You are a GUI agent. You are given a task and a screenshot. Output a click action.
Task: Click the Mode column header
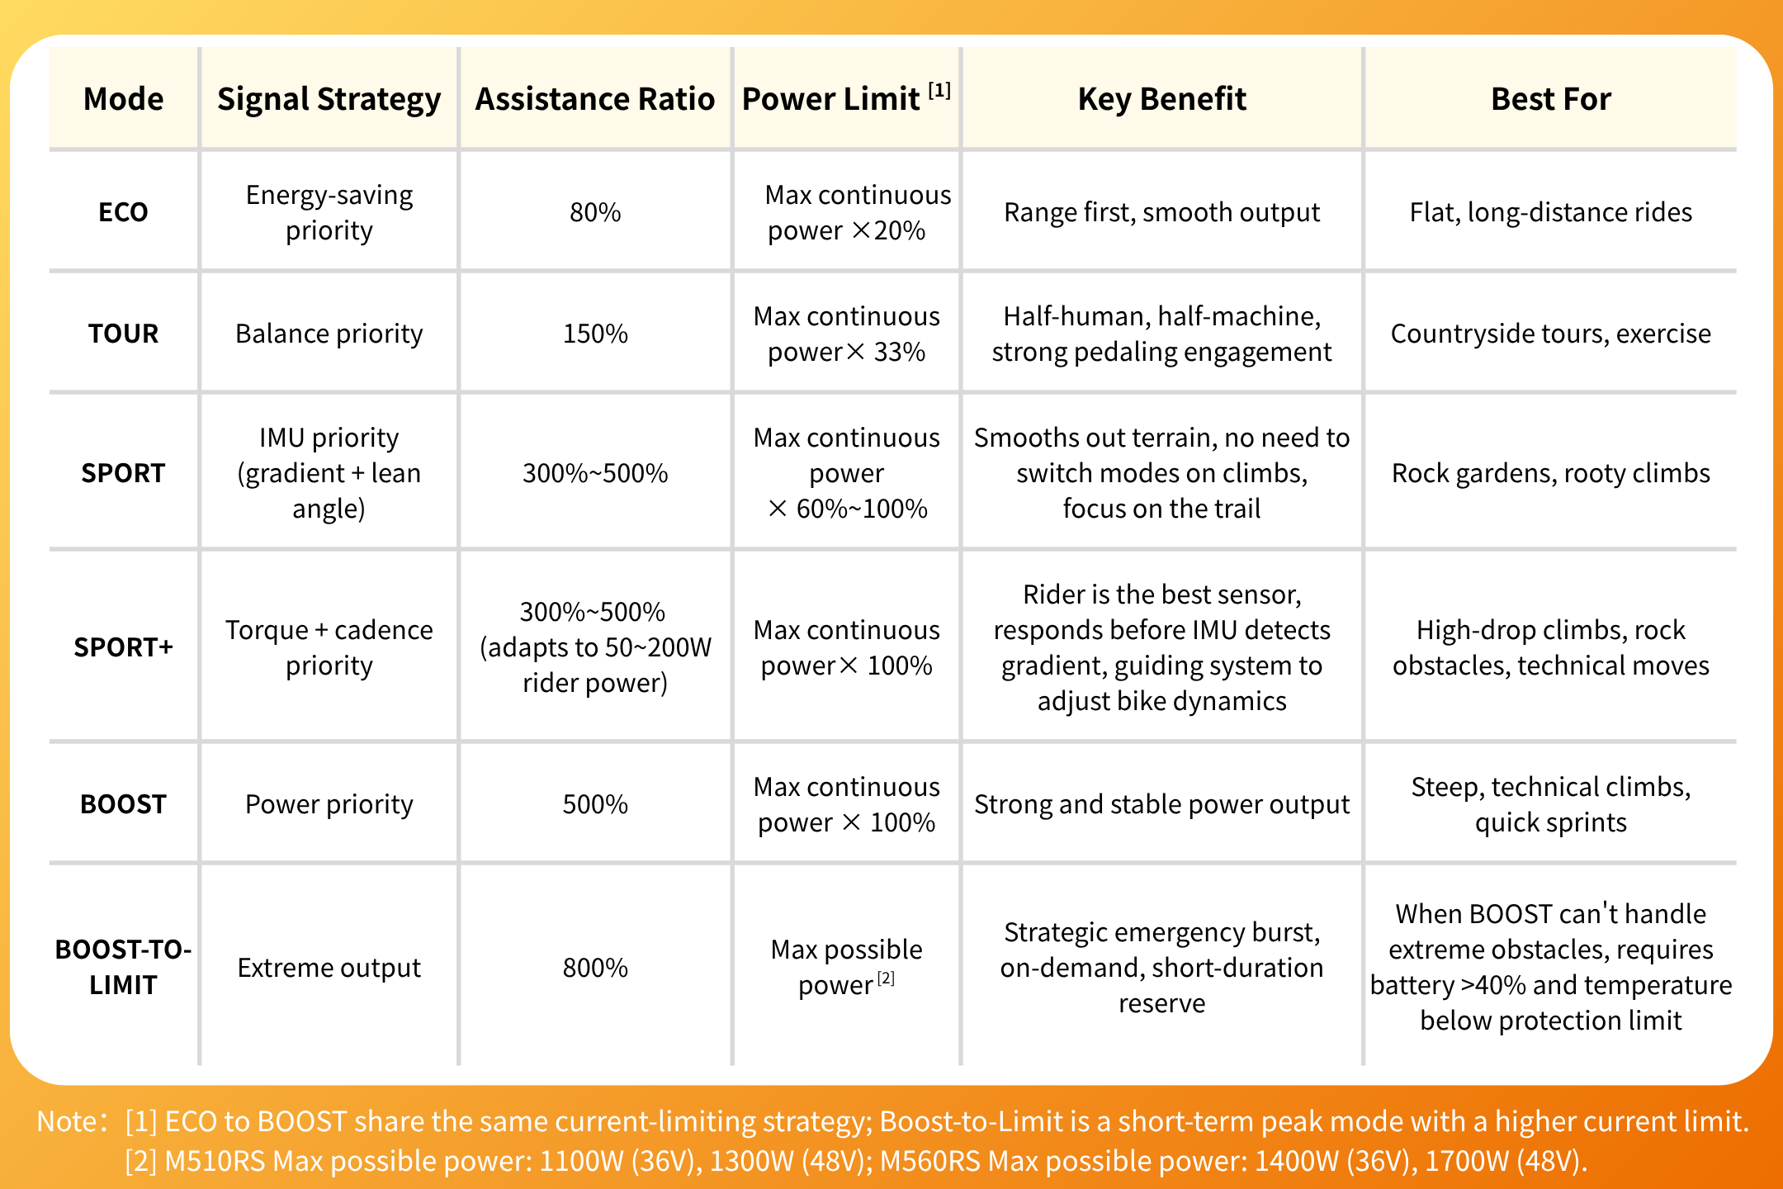123,99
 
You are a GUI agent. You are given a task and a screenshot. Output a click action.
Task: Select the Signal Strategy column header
329,100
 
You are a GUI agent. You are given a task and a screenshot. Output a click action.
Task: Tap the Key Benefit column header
1161,99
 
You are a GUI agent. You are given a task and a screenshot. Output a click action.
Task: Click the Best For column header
1550,99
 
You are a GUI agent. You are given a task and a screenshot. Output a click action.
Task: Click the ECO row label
123,212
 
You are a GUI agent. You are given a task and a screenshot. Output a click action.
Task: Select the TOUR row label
123,334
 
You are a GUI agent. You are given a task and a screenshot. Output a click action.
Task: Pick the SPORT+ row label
123,647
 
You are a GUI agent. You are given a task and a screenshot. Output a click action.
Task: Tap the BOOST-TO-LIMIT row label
123,967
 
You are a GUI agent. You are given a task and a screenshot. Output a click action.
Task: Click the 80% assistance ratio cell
595,212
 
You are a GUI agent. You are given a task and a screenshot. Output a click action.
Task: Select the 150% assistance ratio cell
595,334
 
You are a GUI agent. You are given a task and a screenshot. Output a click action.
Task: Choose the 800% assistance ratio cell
595,968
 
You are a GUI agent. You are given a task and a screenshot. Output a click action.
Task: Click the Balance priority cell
329,334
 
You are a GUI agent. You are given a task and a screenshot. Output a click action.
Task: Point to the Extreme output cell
329,968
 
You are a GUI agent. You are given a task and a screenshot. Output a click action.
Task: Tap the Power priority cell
329,804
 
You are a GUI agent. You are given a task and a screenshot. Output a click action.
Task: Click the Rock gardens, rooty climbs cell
1550,473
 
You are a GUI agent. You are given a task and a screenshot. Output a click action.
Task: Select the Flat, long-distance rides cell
1550,212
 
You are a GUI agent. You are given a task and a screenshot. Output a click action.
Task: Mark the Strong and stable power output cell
1161,804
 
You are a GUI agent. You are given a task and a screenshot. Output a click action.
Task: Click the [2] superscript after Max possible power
886,978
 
